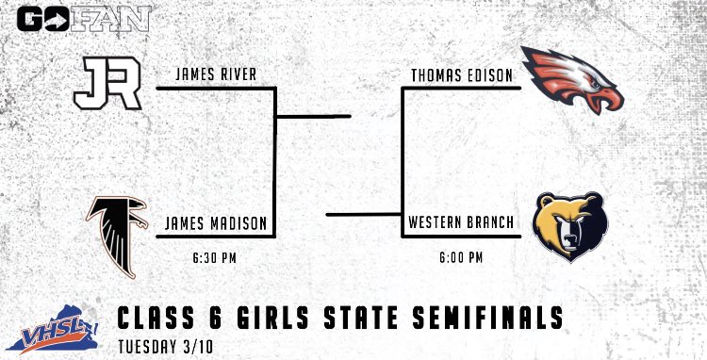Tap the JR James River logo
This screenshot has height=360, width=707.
tap(107, 82)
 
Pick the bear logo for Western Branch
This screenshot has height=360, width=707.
tap(569, 228)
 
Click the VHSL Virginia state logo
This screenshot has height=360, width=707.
tap(52, 325)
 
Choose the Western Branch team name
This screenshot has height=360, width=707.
tap(462, 224)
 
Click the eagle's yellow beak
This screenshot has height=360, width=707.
tap(608, 97)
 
